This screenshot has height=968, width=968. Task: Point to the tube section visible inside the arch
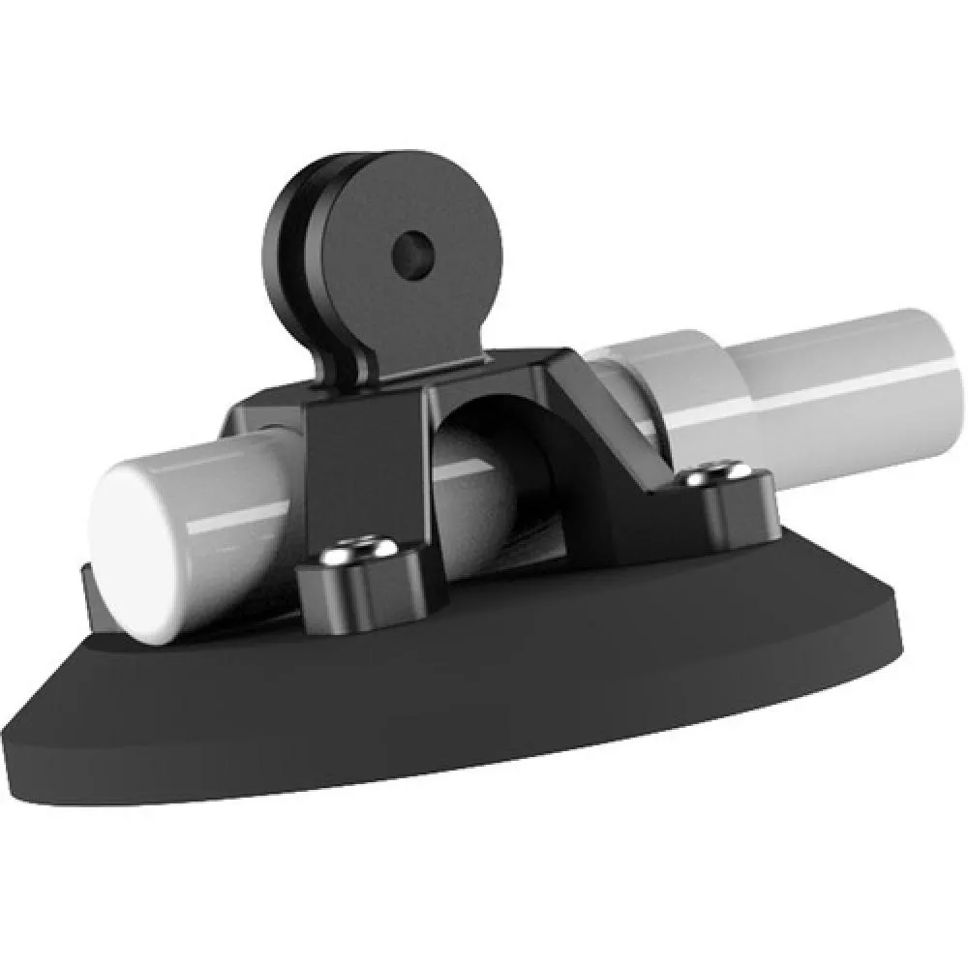(x=484, y=484)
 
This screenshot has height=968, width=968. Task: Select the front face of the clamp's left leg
(x=368, y=465)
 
